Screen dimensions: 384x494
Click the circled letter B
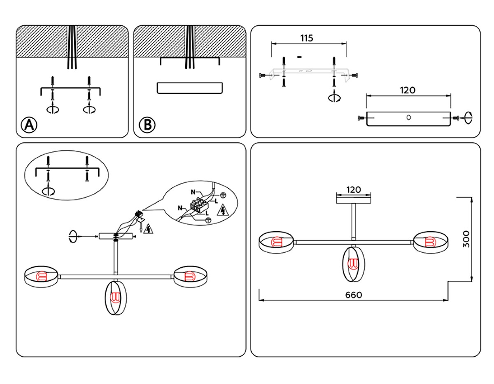tap(147, 125)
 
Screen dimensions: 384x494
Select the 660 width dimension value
tap(354, 295)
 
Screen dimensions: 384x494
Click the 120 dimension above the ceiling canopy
tap(354, 190)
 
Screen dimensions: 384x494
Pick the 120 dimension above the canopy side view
tap(408, 90)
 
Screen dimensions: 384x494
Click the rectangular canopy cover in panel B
tap(190, 88)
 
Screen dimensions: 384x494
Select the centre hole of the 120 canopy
tap(408, 117)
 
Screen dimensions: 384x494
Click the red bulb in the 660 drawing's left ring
tap(275, 242)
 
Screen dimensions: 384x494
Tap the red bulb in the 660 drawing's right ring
tap(430, 242)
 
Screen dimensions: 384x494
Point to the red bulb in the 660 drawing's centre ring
tap(353, 263)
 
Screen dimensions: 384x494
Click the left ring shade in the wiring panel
tap(42, 276)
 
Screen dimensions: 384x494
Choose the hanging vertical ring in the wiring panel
tap(115, 297)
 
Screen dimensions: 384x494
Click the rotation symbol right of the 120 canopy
tap(468, 118)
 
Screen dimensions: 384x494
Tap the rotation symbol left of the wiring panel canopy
tap(73, 236)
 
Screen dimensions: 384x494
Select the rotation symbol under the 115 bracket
tap(333, 98)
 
